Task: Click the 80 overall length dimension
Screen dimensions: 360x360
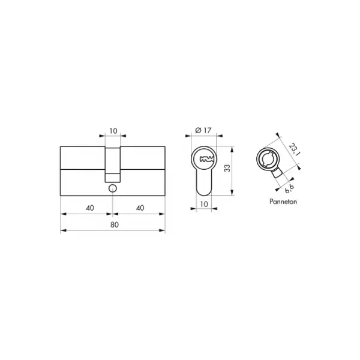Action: coord(115,224)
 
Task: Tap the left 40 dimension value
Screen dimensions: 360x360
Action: coord(90,208)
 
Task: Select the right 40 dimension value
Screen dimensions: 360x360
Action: coord(140,208)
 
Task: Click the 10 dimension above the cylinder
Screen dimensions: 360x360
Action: coord(113,131)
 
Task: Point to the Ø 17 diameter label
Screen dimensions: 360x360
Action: coord(203,130)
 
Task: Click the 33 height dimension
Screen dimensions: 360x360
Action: coord(227,168)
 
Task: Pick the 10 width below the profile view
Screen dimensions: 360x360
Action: coord(204,204)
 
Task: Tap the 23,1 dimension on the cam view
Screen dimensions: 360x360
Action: coord(294,149)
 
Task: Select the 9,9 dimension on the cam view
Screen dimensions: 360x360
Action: coord(289,188)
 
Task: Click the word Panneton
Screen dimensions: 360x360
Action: coord(283,202)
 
